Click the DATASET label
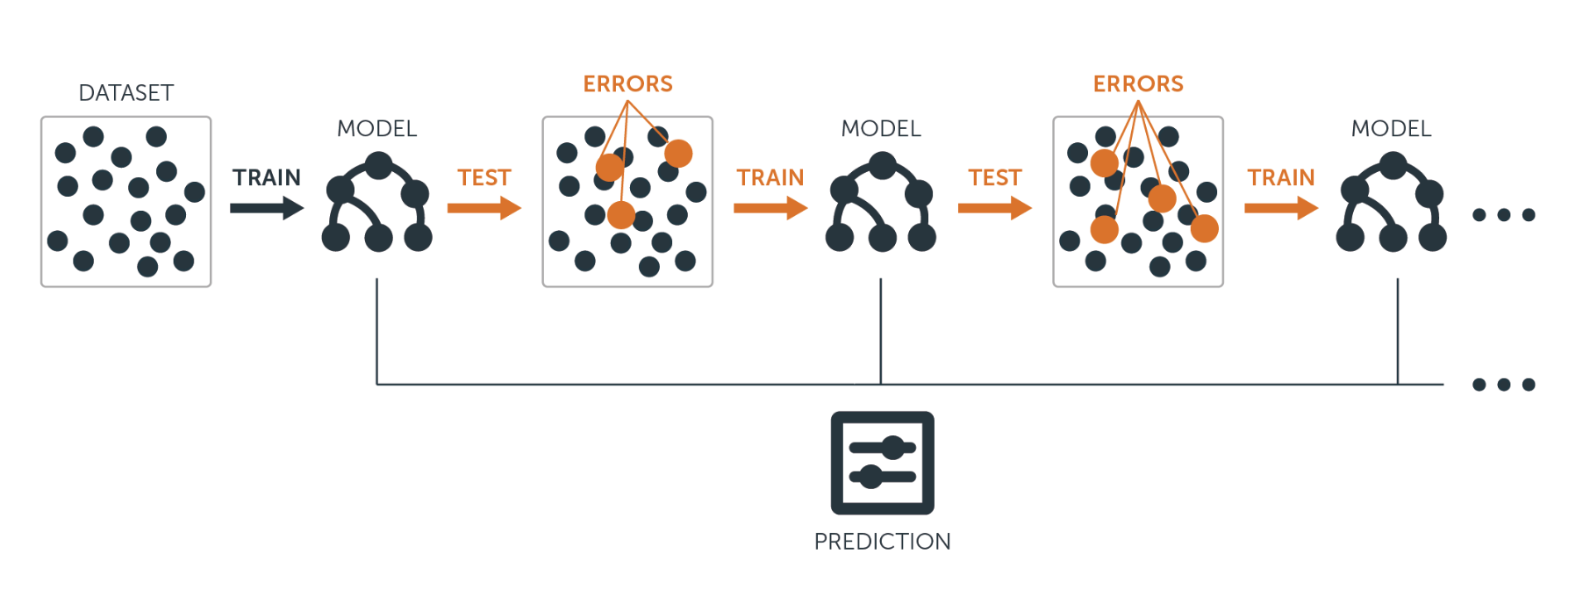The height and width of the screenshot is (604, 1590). [126, 93]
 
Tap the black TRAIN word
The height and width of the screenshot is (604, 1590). [267, 178]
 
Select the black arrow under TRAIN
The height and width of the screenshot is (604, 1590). [267, 208]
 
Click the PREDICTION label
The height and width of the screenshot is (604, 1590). [882, 542]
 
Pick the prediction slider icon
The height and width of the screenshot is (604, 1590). [882, 463]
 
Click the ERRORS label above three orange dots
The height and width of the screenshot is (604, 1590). [627, 84]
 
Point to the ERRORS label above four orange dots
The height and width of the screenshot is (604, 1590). [1138, 84]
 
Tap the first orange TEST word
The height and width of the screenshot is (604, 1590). [483, 178]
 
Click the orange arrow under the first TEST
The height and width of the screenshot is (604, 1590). [484, 208]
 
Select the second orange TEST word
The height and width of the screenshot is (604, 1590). [995, 178]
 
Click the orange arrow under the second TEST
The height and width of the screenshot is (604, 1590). [995, 208]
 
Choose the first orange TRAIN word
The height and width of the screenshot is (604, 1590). [770, 178]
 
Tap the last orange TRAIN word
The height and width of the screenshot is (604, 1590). [1281, 178]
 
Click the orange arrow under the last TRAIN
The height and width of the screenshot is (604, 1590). [1281, 208]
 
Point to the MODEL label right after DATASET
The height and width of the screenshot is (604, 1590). [377, 129]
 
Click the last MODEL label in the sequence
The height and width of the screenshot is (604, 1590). [1392, 129]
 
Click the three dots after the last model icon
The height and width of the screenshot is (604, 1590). [1504, 215]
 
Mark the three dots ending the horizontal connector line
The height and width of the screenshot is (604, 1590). [1504, 385]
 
